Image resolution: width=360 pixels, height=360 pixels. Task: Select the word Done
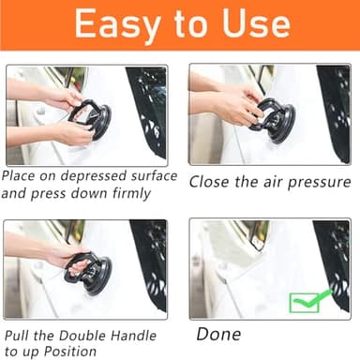pyautogui.click(x=218, y=334)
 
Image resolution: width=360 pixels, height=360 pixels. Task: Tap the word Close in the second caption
pyautogui.click(x=212, y=181)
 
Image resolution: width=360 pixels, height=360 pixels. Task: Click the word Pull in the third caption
pyautogui.click(x=19, y=335)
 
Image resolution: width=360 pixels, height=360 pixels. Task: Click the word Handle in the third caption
pyautogui.click(x=140, y=335)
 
